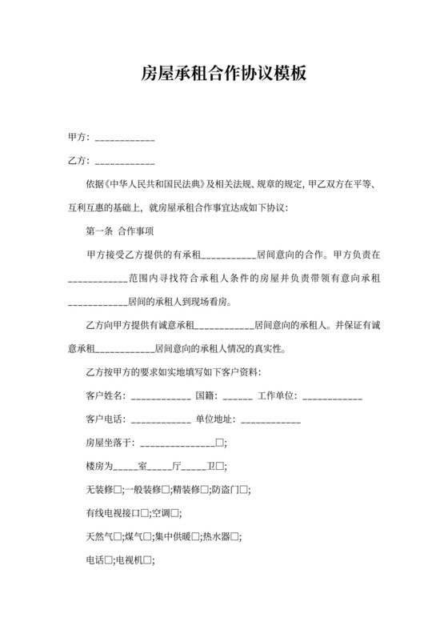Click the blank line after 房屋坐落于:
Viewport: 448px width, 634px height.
point(178,443)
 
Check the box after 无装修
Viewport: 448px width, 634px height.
point(118,489)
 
